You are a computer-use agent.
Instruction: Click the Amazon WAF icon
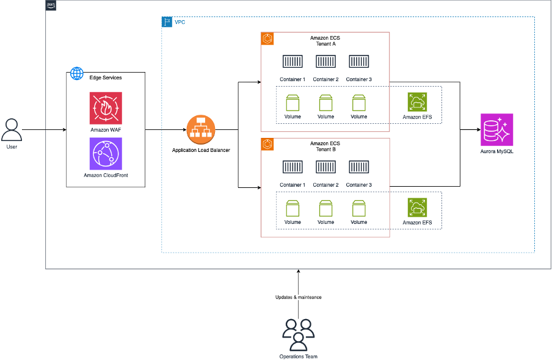[106, 108]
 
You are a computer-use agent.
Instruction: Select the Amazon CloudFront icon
[106, 153]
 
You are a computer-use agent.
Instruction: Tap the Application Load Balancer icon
[201, 129]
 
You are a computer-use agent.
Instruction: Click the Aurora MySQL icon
[496, 129]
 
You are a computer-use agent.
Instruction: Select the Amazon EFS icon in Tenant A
[417, 101]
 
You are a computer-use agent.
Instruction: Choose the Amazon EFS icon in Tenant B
[417, 207]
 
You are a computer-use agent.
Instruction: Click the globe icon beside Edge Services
[77, 74]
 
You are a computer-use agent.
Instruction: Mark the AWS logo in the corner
[51, 5]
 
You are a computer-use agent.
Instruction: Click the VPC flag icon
[167, 22]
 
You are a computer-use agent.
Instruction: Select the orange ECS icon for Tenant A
[267, 39]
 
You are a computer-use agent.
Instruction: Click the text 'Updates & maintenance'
[298, 297]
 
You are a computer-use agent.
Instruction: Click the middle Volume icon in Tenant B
[325, 208]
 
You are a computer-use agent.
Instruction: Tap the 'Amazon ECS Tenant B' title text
[325, 147]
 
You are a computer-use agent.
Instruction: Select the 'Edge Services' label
[104, 77]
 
